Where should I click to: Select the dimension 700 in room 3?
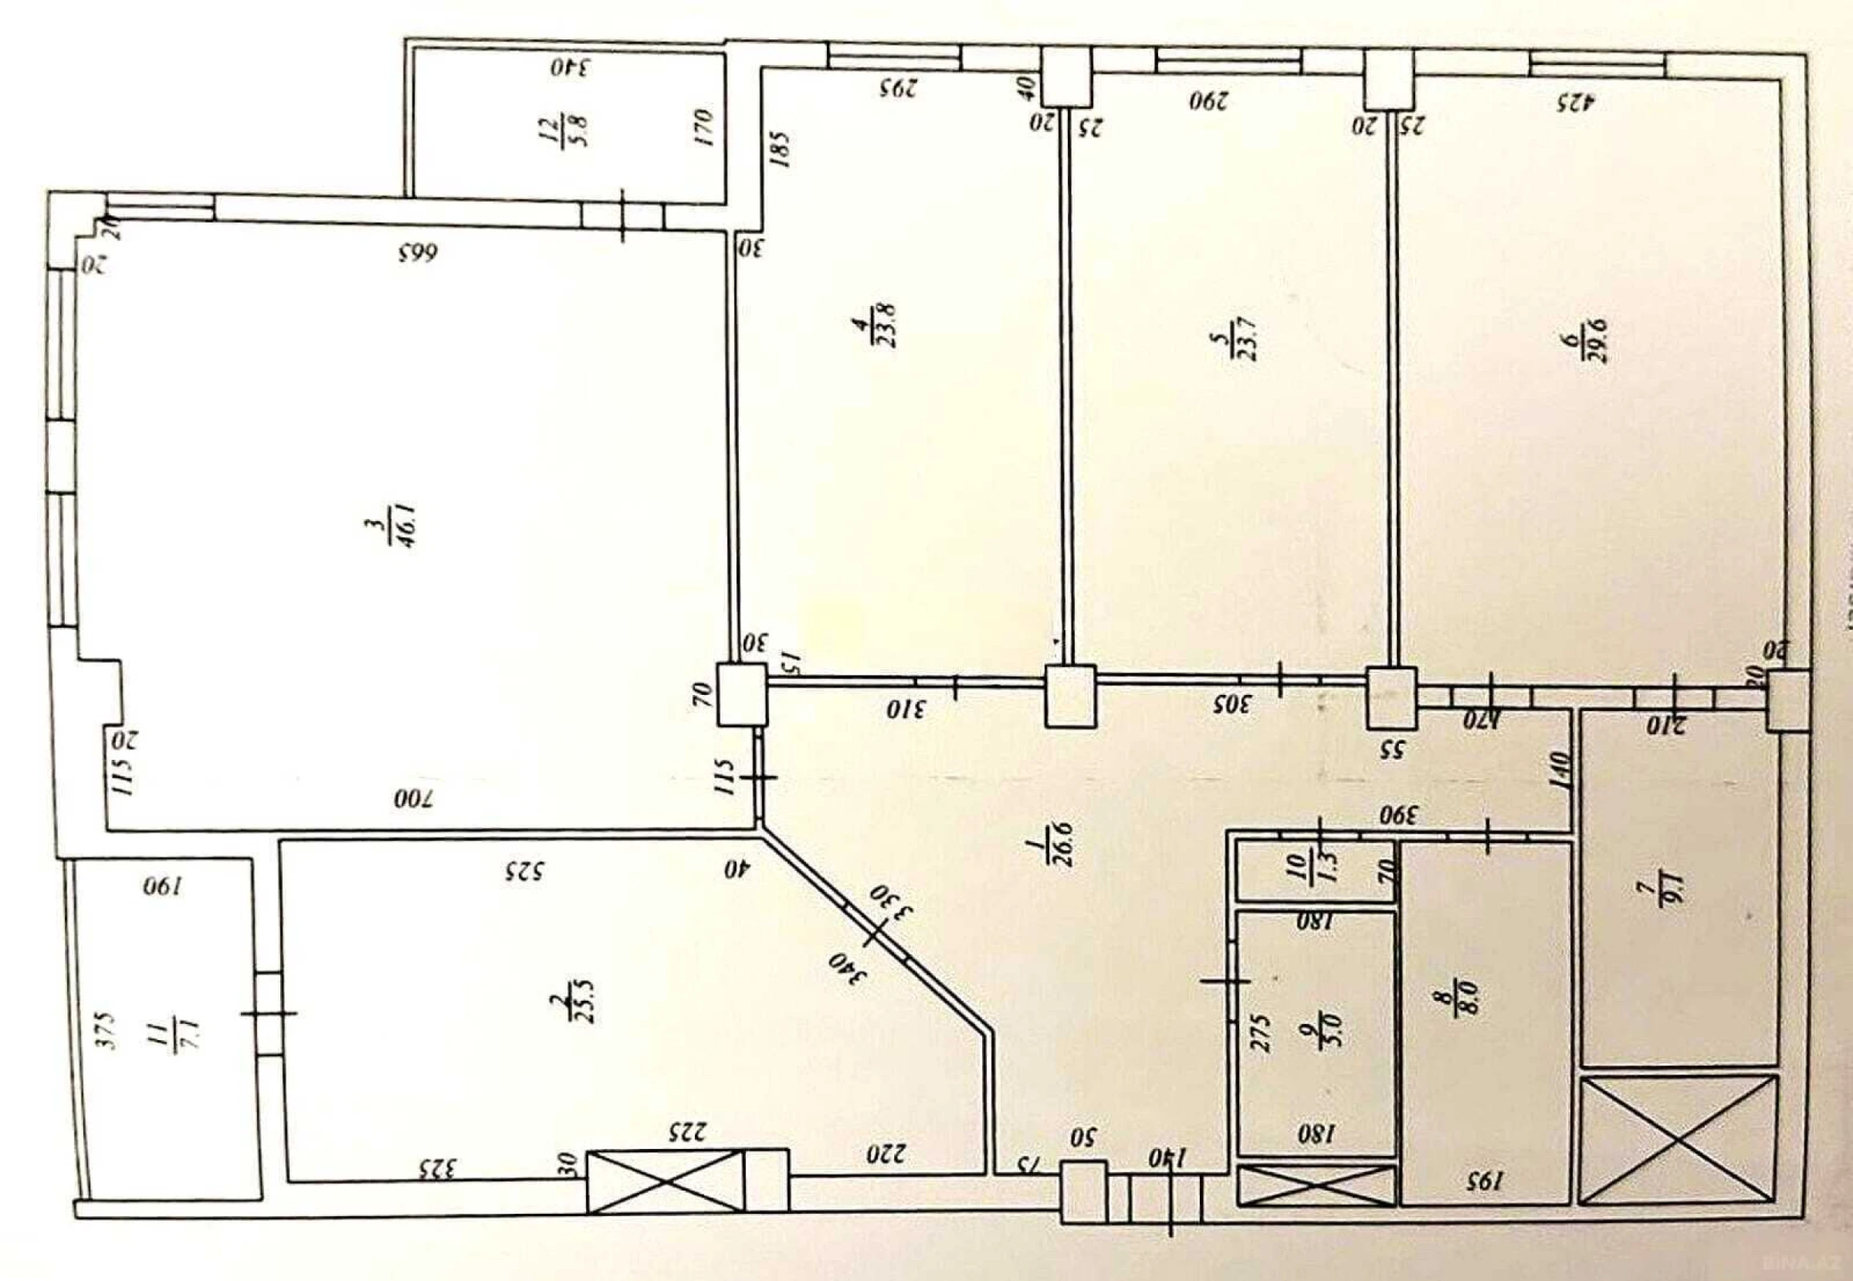[412, 798]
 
